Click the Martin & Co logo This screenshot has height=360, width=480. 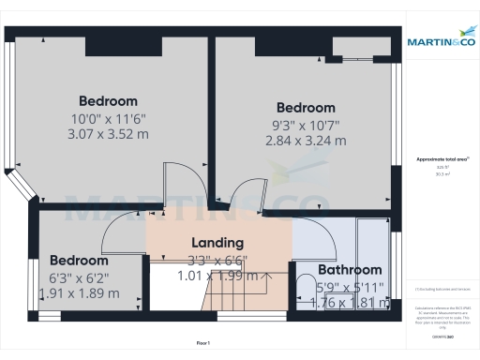pos(441,42)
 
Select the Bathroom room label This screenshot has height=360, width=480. pos(350,269)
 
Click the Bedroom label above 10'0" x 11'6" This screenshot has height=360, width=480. pos(108,101)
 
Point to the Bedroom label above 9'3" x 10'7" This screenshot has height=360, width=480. pos(306,108)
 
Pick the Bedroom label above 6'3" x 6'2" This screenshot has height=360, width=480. pos(79,260)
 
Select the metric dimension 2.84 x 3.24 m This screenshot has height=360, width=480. pos(306,141)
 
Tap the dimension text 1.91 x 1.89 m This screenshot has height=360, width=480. pos(79,292)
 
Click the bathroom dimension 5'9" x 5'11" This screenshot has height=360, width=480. pos(349,286)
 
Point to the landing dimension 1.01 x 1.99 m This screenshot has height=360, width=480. pos(217,276)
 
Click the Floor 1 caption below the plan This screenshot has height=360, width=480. pos(203,343)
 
